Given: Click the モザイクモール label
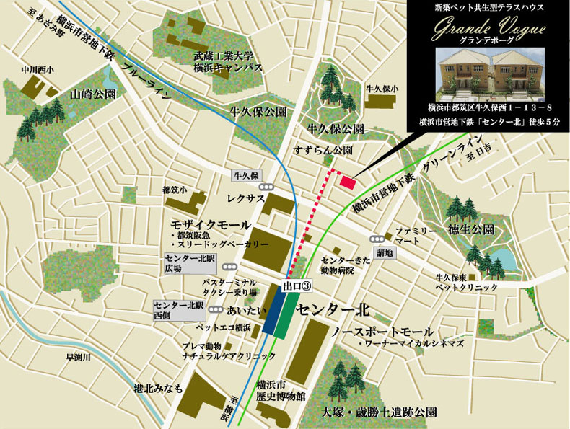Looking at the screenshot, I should click(211, 224).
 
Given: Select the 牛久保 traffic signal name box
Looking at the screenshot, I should click(245, 175).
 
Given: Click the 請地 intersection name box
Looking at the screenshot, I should click(385, 253).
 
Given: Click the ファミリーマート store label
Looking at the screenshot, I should click(415, 236).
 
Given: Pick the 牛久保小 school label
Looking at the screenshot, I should click(382, 88).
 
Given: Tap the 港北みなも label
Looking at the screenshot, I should click(158, 388).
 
